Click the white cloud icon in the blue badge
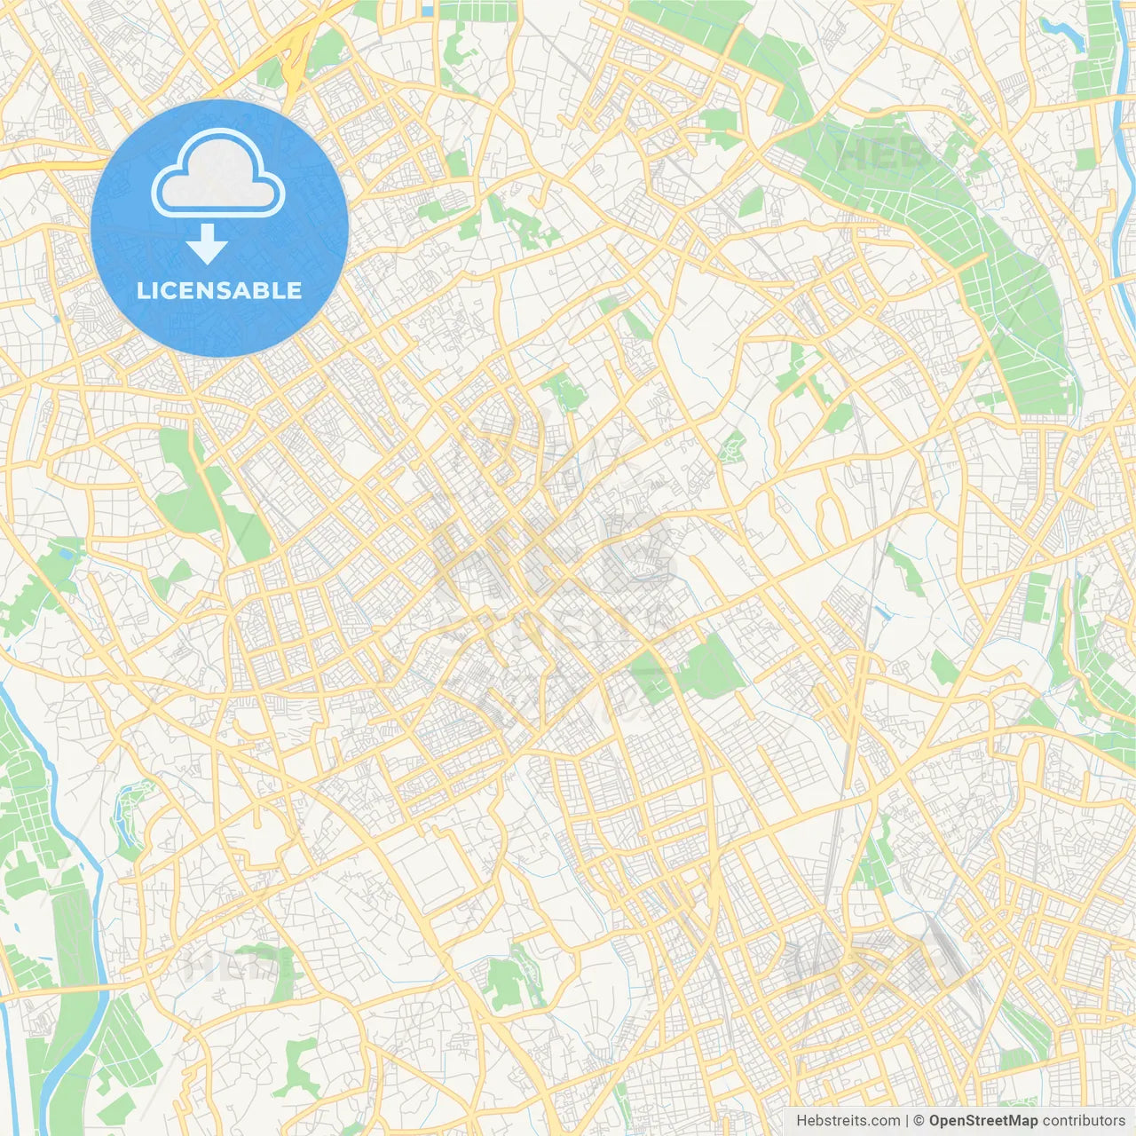pos(218,174)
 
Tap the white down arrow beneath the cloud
pos(207,244)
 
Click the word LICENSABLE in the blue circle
pos(219,290)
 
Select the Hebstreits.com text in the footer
pos(848,1121)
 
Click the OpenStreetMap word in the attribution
pos(982,1121)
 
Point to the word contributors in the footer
pos(1084,1121)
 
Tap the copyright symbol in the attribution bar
pos(919,1121)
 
